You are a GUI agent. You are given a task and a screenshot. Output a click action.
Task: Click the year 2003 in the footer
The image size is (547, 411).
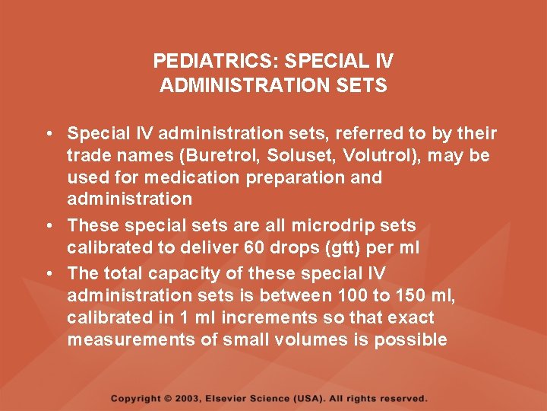pyautogui.click(x=193, y=398)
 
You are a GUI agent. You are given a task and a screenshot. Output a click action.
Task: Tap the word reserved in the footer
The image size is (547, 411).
pyautogui.click(x=403, y=398)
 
